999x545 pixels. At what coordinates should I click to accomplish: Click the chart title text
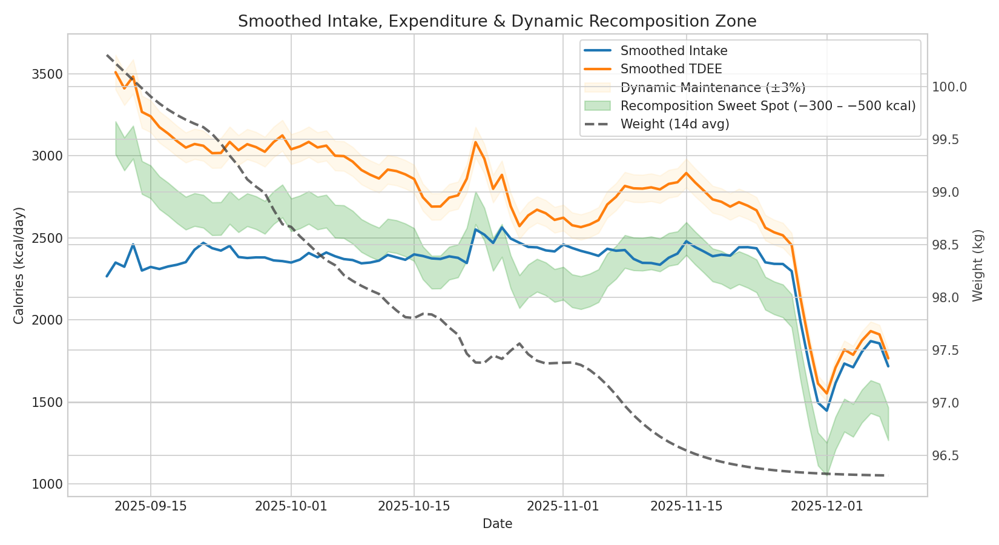point(496,22)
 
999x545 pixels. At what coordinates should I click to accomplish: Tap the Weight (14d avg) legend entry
point(674,124)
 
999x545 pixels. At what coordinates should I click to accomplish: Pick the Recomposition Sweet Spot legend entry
point(767,106)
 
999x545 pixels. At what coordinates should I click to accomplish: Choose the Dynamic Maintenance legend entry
point(713,88)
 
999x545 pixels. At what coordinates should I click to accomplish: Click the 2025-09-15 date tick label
point(151,506)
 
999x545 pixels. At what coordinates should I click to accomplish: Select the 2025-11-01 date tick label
point(563,506)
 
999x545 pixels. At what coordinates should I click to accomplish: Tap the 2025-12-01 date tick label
point(826,506)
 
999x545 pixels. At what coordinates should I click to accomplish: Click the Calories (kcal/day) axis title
point(19,265)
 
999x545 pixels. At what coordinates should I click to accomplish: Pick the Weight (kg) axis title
point(978,265)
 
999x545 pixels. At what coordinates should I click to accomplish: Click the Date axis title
point(497,524)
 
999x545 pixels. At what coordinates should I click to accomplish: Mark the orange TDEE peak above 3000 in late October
point(475,142)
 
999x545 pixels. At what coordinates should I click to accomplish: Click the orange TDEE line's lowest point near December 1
point(826,394)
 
